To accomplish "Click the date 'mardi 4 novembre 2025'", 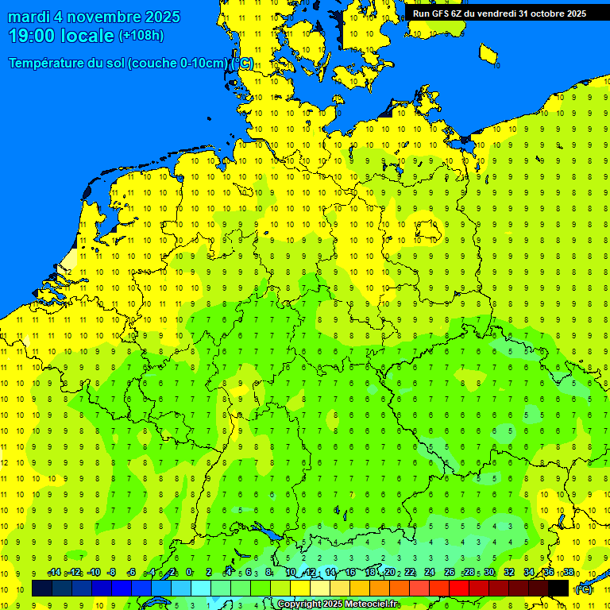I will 94,17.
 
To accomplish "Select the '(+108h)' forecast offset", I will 141,36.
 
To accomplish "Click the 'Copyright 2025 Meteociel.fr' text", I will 338,604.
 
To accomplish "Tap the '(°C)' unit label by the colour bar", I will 584,589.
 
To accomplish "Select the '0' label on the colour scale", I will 189,572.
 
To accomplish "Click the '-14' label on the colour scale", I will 54,572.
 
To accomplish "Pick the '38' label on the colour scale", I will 569,572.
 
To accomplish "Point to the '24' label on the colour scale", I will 430,572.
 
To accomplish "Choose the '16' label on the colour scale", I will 349,572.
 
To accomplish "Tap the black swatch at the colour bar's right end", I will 558,589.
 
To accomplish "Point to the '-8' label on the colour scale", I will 111,572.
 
